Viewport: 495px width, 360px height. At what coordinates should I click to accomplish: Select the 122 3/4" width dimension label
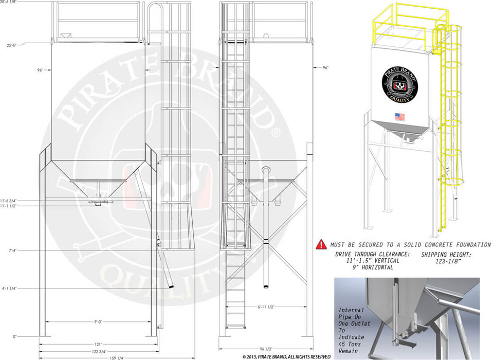click(98, 351)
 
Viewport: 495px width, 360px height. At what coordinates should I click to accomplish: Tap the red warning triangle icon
click(321, 244)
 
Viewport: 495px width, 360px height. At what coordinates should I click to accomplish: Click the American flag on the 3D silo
click(399, 116)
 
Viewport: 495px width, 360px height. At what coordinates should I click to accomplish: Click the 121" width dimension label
click(98, 344)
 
